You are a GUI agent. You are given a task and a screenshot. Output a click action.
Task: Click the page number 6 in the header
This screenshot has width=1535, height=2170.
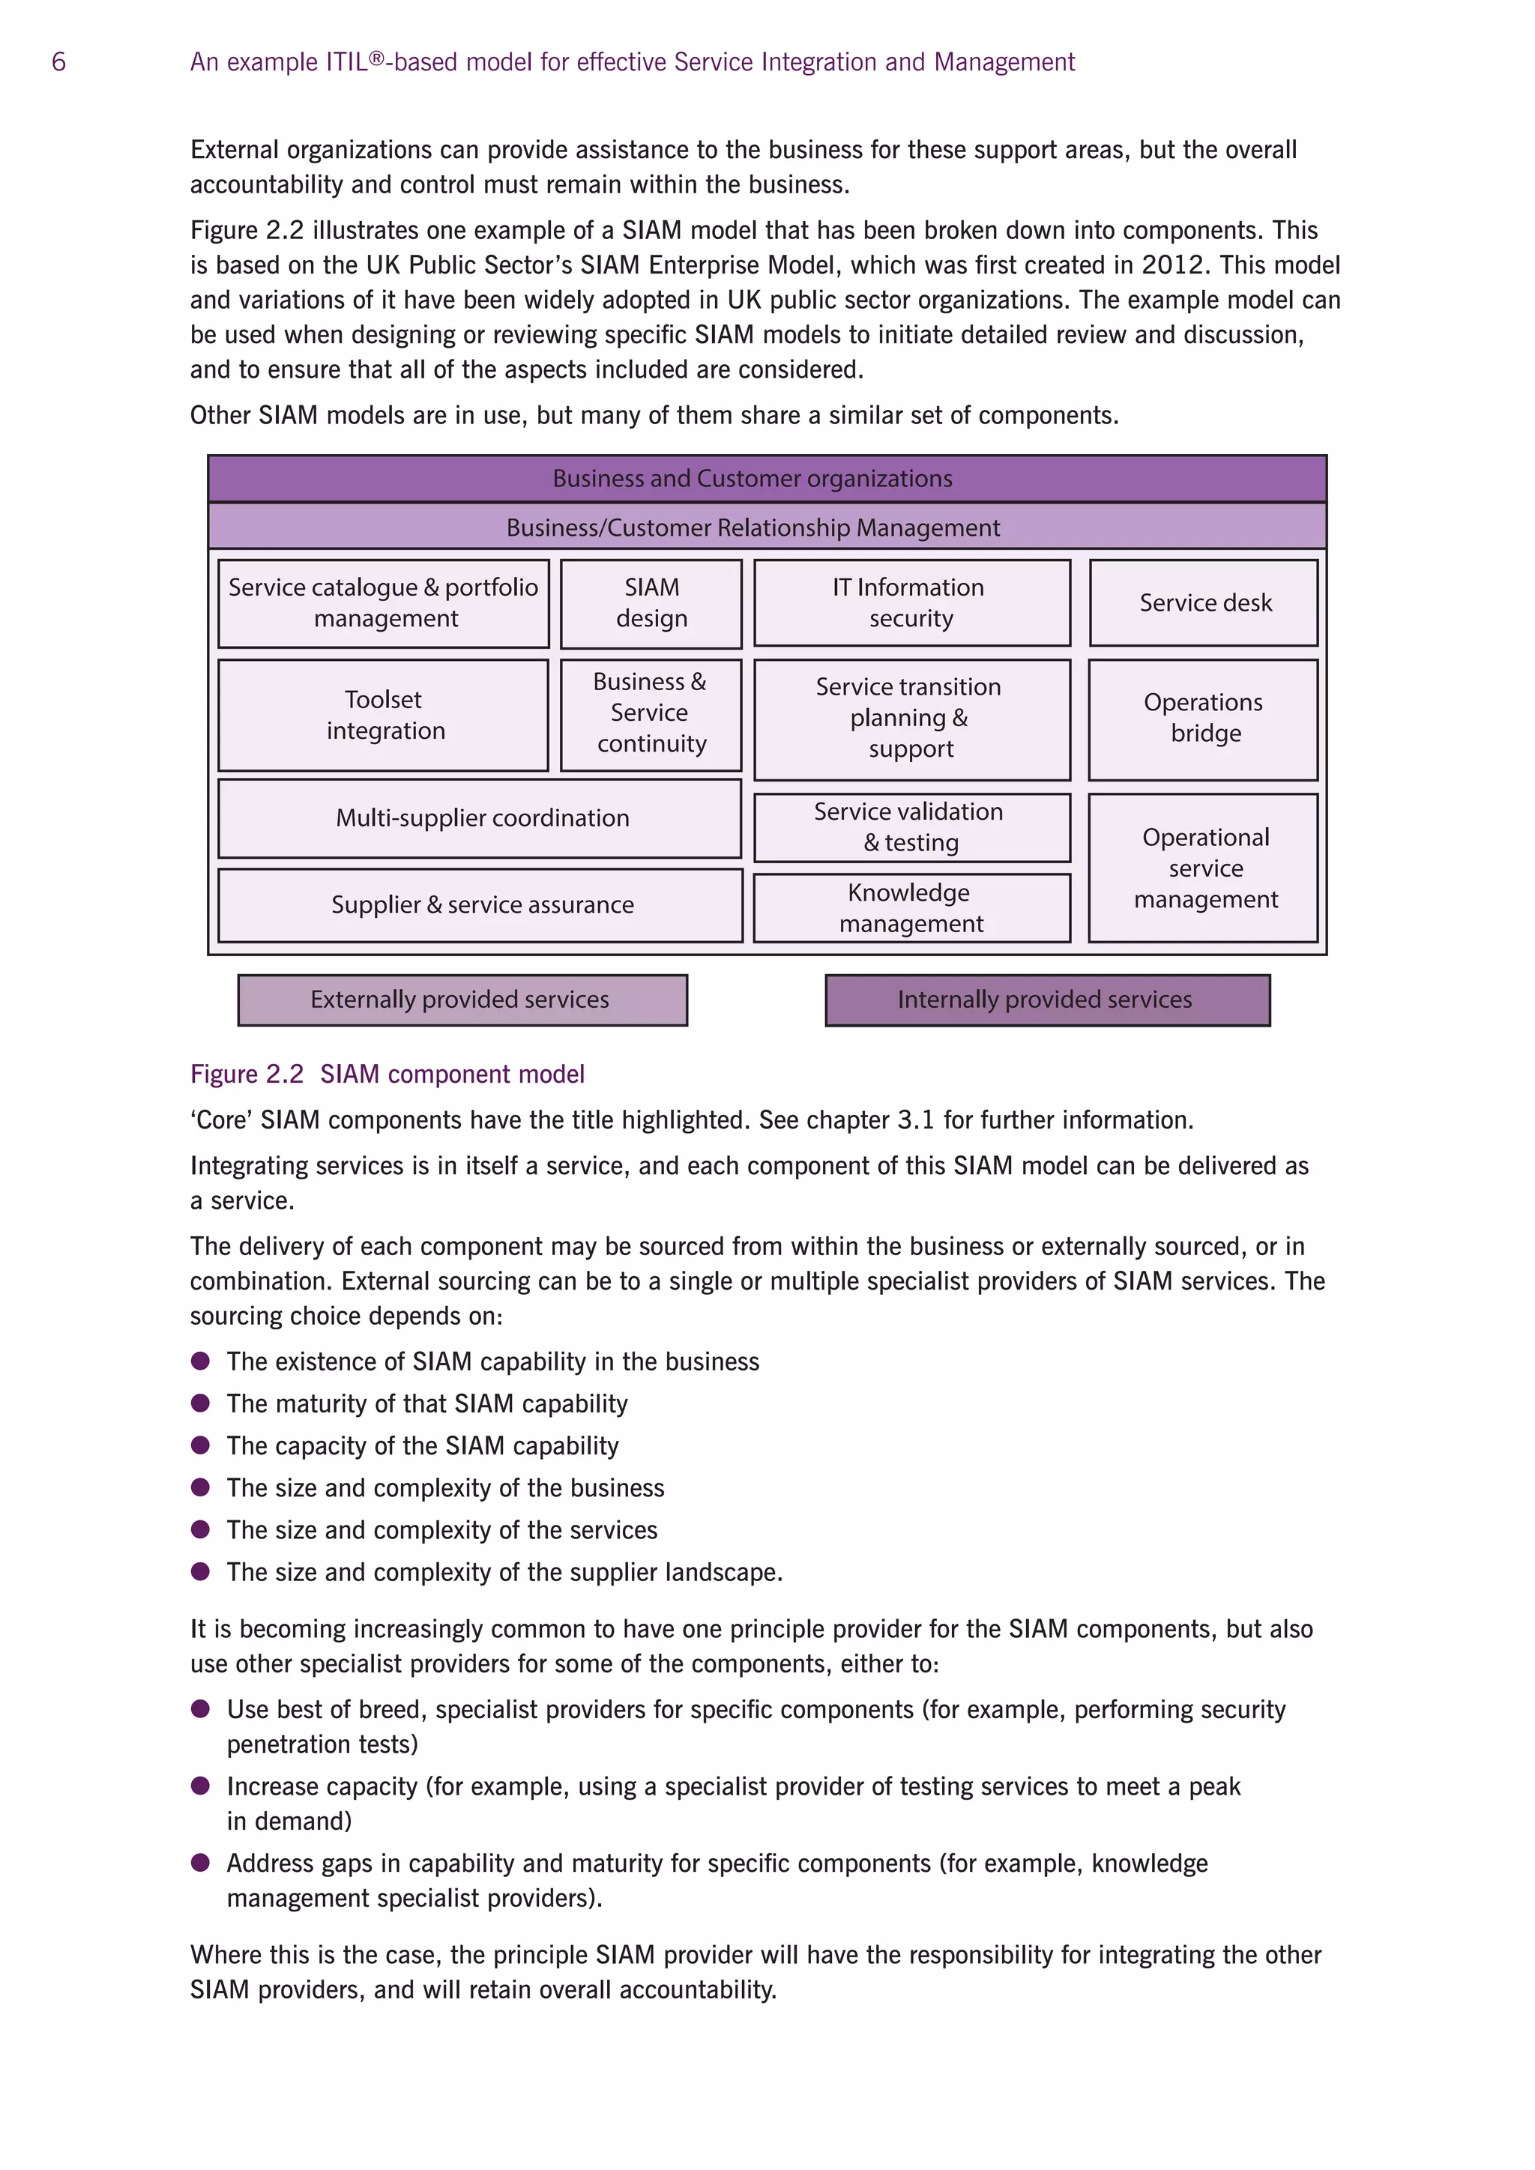[58, 62]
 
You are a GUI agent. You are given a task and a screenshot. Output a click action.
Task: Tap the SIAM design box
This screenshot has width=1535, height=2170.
[651, 603]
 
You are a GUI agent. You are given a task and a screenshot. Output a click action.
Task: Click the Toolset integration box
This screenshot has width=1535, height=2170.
[384, 716]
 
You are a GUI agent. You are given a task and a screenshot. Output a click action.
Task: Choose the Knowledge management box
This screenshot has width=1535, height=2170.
[911, 908]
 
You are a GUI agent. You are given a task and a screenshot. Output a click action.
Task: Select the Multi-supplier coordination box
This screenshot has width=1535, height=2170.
[480, 818]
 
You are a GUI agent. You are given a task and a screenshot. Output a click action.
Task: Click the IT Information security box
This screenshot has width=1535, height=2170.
[911, 603]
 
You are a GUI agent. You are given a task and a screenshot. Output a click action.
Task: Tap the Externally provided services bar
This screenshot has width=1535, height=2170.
[462, 1000]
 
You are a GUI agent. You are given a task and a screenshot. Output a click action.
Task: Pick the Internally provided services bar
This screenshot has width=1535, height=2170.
[1047, 1000]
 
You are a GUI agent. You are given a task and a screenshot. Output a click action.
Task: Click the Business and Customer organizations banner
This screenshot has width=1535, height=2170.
[767, 479]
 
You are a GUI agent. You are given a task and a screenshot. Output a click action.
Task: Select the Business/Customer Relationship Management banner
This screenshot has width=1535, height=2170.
[767, 528]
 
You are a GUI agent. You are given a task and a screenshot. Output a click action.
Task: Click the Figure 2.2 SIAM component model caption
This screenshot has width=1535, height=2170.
[387, 1075]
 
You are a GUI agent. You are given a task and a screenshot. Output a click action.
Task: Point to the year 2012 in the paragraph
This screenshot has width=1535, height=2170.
[1174, 265]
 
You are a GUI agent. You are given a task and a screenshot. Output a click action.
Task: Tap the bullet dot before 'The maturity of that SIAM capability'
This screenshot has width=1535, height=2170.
[200, 1403]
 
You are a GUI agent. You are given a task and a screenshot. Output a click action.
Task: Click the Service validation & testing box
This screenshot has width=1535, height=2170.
[911, 827]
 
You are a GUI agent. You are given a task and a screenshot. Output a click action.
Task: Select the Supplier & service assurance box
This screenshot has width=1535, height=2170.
[480, 905]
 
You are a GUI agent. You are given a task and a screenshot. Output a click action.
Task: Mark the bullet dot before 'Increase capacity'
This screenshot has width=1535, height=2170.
[200, 1786]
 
